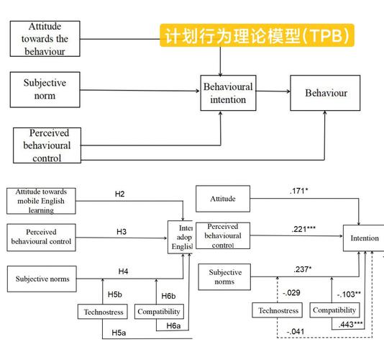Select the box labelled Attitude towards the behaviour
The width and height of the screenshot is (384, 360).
point(48,39)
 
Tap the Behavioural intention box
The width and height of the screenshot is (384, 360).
point(227,92)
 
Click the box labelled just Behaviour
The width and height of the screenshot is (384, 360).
point(325,93)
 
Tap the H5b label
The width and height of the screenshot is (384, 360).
point(115,295)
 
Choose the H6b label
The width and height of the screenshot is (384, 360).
point(168,296)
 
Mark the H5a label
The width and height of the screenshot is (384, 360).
point(119,333)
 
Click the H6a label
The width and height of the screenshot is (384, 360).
point(173,325)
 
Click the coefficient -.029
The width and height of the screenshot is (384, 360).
point(291,292)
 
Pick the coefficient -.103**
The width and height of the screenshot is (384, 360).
point(349,294)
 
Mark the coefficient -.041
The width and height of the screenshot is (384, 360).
point(296,330)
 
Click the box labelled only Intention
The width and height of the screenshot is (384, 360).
point(364,237)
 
